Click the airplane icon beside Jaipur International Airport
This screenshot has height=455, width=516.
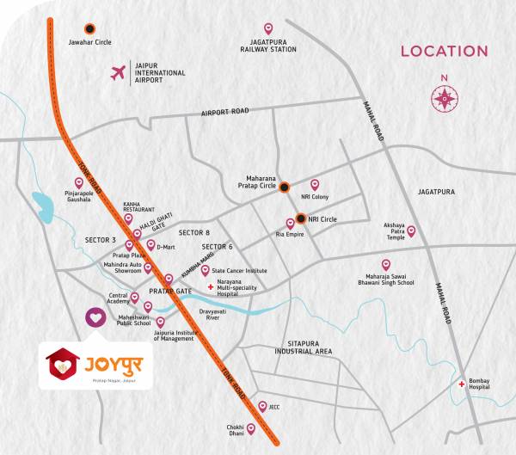pos(119,72)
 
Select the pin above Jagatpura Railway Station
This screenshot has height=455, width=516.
pos(267,28)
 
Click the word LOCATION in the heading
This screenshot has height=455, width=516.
pos(444,51)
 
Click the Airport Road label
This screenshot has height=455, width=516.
pos(224,112)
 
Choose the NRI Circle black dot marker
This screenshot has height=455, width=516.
pos(301,218)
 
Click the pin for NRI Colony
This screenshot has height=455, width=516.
pos(315,184)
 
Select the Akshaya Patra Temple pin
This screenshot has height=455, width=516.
pos(411,231)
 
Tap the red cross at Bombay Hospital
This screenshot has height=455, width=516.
pos(463,384)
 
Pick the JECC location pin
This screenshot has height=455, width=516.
pos(262,406)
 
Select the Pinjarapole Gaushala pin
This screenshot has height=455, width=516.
pos(79,182)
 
